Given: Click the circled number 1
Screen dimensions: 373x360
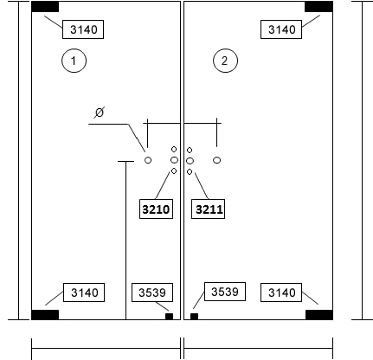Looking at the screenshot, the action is (x=74, y=61).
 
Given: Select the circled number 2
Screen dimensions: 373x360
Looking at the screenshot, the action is (x=225, y=61).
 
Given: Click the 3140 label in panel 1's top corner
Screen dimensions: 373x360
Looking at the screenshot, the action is (x=83, y=29).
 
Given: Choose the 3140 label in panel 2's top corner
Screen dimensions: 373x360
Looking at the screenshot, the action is (x=281, y=29).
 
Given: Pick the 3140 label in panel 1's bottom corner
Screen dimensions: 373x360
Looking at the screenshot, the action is (x=84, y=292).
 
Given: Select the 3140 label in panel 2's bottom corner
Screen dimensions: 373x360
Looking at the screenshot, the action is (x=281, y=292).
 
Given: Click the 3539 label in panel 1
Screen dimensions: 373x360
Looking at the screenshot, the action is (x=152, y=292).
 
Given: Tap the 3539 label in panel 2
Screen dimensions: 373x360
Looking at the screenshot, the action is (x=225, y=292).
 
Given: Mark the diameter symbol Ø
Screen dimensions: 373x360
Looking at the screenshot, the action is (x=99, y=112).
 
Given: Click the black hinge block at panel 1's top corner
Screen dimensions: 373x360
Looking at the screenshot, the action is (x=45, y=7).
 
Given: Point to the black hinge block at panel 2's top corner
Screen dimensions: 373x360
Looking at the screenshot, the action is (x=318, y=7).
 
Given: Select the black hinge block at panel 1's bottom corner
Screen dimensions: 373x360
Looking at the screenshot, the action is (x=45, y=315).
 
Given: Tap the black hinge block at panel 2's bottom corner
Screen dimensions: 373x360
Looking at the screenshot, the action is (x=319, y=315).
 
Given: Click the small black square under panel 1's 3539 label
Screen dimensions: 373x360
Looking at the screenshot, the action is (x=169, y=317).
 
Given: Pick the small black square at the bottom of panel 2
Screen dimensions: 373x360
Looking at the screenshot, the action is (x=194, y=317).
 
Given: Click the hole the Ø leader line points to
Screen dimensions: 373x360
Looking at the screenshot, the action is (x=148, y=160).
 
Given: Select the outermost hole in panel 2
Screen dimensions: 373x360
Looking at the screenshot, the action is (x=217, y=160).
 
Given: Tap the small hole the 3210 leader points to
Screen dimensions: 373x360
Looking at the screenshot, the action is (x=174, y=171).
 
